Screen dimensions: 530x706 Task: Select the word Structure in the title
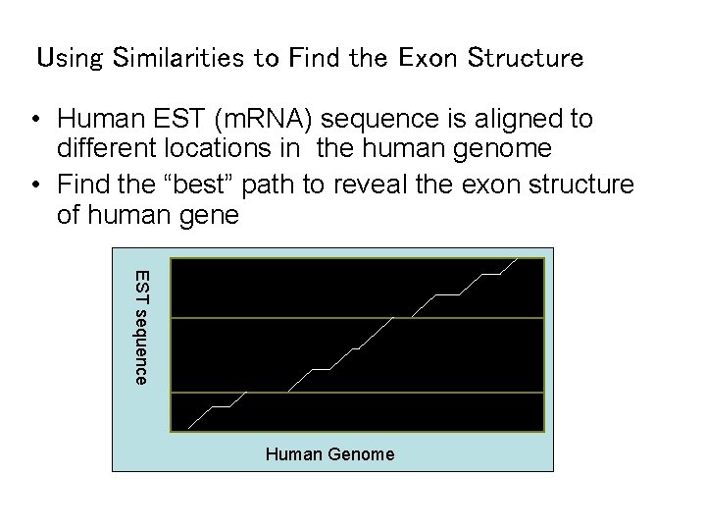(x=525, y=58)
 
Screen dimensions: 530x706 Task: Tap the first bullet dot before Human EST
(x=34, y=121)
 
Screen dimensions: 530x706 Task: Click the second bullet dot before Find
(x=34, y=185)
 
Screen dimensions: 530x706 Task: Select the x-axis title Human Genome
(x=329, y=454)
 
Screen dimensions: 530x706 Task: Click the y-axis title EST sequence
(x=141, y=327)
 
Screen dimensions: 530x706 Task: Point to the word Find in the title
(x=311, y=58)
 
